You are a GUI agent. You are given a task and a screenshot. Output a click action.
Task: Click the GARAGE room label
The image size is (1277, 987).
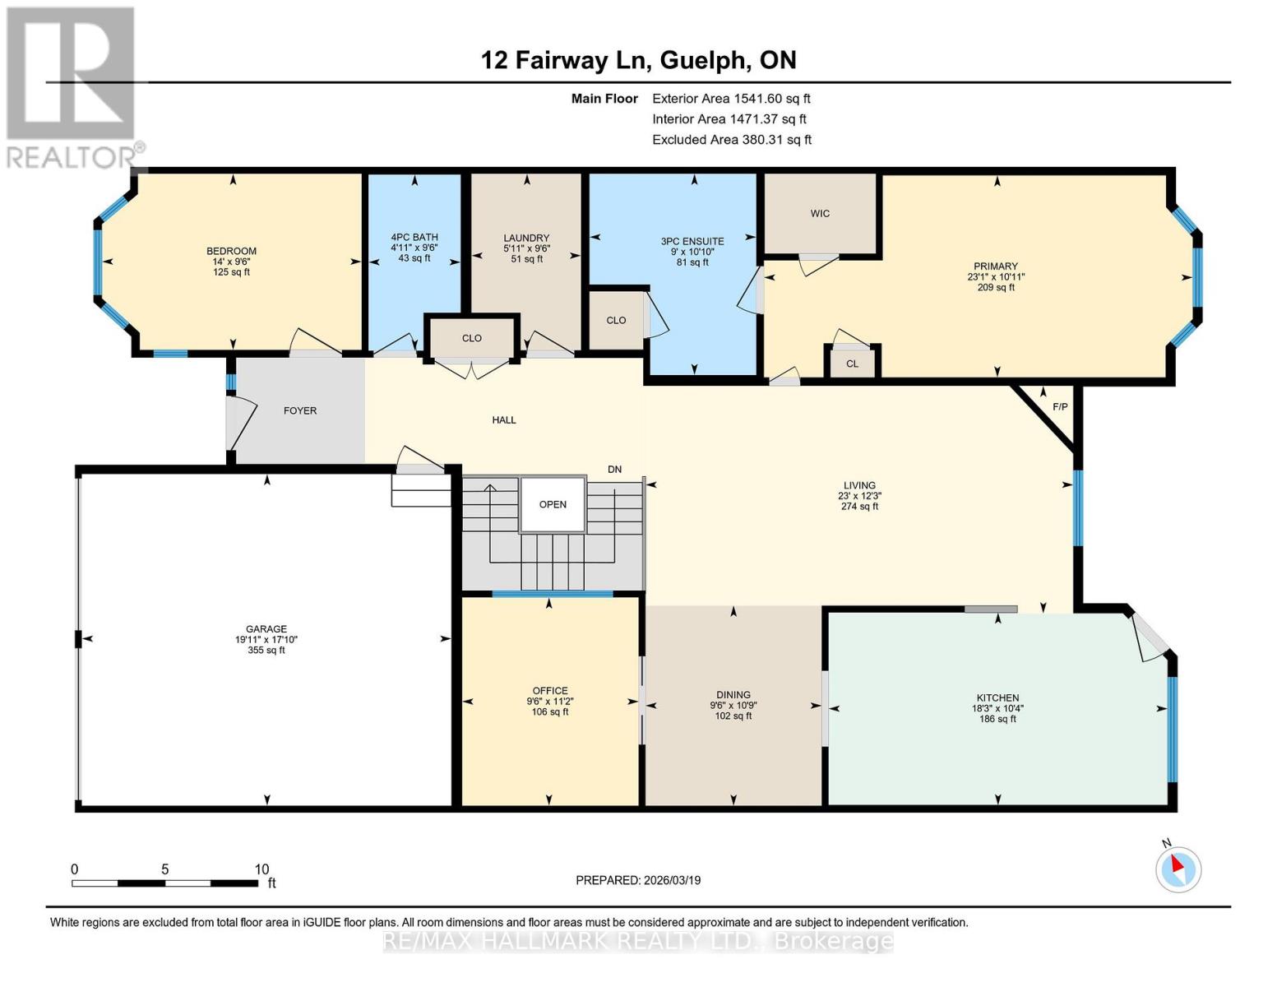point(266,629)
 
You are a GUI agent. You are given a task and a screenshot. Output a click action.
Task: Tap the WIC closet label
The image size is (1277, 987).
point(820,213)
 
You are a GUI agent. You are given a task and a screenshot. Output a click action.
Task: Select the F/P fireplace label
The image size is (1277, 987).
point(1060,407)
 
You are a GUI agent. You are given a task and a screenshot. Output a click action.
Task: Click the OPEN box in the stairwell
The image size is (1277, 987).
point(553,505)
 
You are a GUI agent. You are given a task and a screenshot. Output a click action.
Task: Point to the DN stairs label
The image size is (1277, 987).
point(615,469)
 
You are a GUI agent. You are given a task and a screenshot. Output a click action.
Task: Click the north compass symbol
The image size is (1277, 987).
point(1178,869)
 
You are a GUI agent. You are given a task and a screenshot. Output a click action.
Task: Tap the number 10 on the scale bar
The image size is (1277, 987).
point(261,869)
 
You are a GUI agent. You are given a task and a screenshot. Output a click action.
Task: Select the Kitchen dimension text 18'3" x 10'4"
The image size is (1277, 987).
point(997,708)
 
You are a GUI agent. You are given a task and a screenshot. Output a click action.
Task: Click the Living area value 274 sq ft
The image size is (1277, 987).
point(860,506)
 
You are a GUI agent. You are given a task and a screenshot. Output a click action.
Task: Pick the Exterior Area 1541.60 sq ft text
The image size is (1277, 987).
point(731,99)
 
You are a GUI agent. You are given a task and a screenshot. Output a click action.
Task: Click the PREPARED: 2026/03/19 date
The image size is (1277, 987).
point(638,880)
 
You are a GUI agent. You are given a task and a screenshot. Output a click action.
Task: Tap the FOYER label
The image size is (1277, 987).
point(300,411)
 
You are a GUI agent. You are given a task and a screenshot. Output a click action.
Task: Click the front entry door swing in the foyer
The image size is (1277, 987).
point(242,424)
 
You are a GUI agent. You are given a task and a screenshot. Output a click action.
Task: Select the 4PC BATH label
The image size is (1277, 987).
point(414,238)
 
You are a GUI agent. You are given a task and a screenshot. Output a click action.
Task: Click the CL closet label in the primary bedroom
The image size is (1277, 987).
point(852,364)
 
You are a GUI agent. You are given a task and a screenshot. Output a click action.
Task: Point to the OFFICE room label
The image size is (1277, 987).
point(550,691)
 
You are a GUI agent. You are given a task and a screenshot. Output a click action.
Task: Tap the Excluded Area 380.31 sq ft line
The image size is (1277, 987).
point(732,140)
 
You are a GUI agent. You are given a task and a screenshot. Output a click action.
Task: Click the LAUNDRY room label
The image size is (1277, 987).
point(526,238)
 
